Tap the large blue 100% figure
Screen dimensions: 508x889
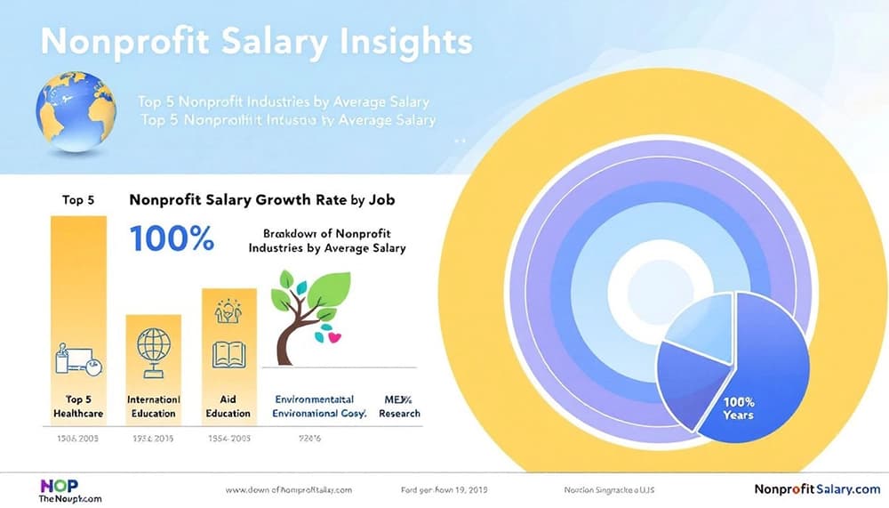[172, 238]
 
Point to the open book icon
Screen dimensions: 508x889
[228, 353]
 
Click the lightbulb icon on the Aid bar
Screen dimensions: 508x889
[228, 311]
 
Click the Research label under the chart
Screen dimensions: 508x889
[398, 413]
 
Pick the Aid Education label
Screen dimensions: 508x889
[228, 407]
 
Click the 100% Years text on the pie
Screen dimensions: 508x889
[738, 408]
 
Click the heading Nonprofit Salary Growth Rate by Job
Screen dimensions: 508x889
[261, 200]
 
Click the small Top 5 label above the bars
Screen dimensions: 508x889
[78, 200]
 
